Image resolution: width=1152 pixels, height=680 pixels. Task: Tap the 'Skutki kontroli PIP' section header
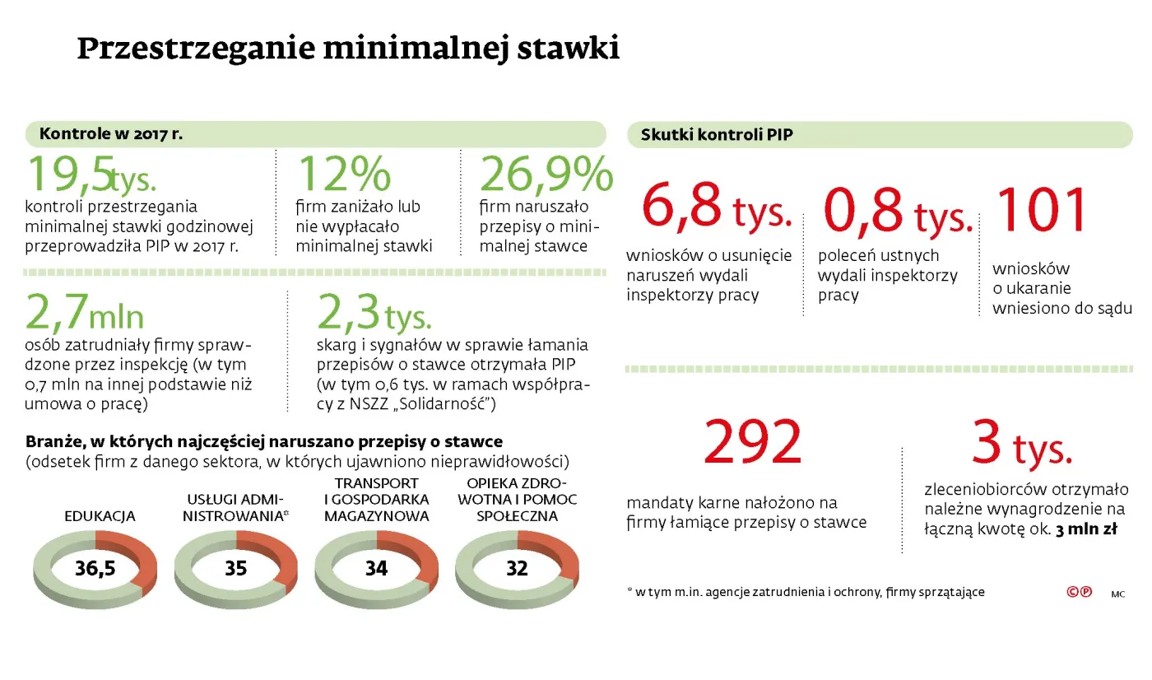(717, 135)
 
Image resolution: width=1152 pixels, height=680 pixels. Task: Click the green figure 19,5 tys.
(91, 175)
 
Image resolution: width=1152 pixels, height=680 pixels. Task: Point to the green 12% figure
(343, 175)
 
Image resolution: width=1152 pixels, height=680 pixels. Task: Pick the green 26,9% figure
(546, 175)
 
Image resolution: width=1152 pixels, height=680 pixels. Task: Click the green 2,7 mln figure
(85, 314)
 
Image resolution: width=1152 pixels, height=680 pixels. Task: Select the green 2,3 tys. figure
(374, 314)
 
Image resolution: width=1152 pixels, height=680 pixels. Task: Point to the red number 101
(1042, 210)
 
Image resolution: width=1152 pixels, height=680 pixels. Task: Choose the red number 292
(752, 443)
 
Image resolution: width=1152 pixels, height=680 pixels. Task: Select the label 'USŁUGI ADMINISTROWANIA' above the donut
(235, 509)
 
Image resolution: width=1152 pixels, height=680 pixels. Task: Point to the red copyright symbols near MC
(1079, 591)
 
